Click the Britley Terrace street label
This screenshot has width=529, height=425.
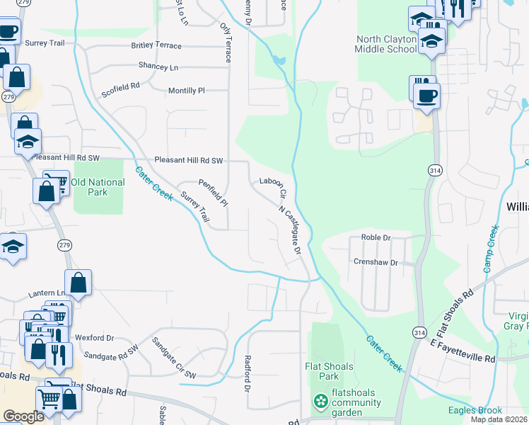[156, 45]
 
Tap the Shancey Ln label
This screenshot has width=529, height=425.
[158, 67]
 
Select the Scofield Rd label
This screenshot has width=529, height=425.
[121, 89]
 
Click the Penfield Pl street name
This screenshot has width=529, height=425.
[213, 193]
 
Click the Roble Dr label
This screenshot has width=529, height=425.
[376, 237]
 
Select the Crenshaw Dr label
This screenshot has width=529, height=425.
[376, 262]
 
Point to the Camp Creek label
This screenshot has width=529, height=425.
[492, 249]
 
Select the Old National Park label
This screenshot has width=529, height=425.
[98, 187]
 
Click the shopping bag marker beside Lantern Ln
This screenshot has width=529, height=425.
[79, 282]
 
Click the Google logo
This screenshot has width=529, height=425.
[23, 416]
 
